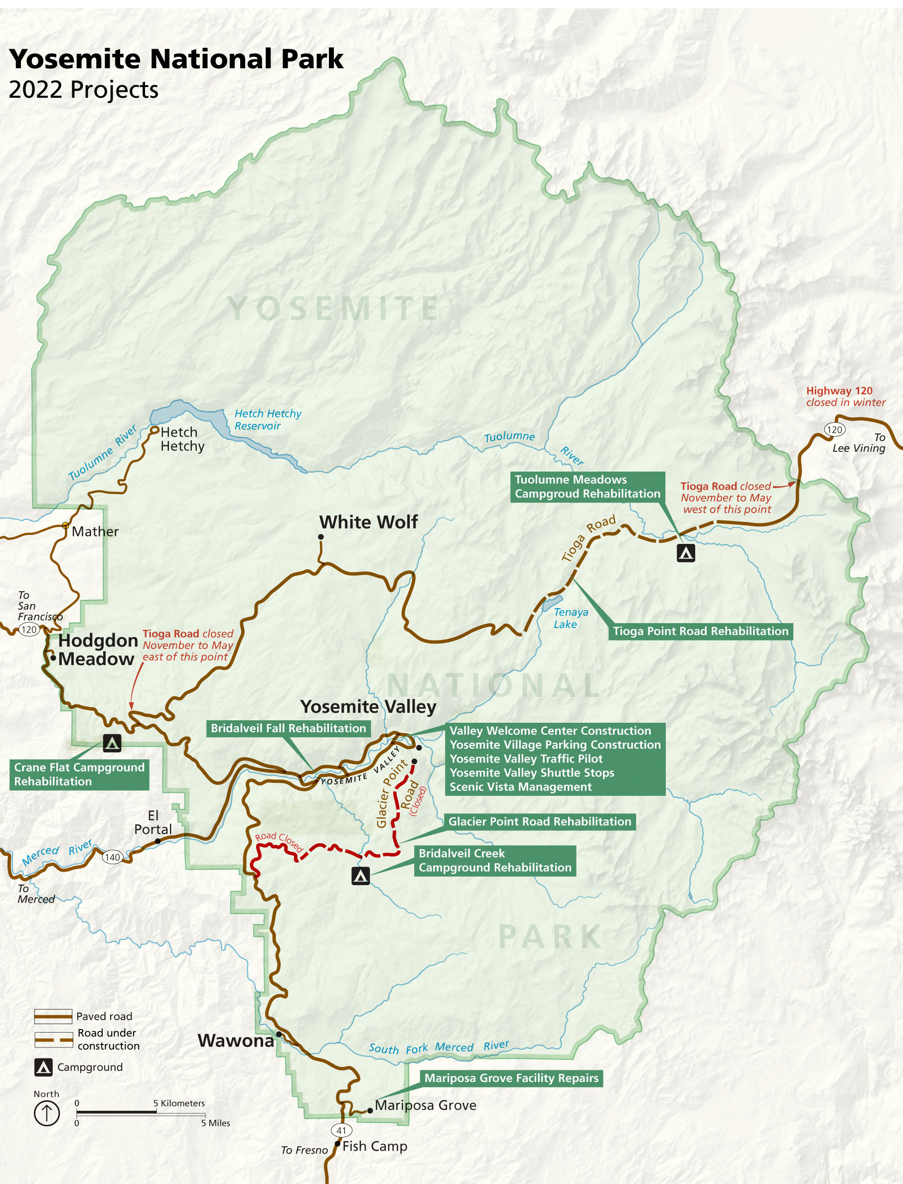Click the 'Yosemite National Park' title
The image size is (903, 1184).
[176, 59]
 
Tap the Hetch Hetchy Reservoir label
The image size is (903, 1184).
[268, 419]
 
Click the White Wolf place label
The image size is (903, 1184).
[368, 522]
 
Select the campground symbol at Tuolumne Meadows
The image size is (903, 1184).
[685, 553]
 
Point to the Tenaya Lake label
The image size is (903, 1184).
[570, 618]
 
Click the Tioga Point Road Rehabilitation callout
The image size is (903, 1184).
[700, 631]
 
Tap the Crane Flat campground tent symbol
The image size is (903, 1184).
[112, 743]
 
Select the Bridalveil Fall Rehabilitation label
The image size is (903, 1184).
[288, 728]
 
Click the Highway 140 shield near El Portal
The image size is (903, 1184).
[112, 857]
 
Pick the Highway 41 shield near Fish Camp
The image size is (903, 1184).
[341, 1130]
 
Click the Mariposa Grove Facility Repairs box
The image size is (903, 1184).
[511, 1078]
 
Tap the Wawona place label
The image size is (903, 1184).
[235, 1041]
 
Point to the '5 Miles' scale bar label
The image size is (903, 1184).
[216, 1123]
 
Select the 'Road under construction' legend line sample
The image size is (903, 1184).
[53, 1040]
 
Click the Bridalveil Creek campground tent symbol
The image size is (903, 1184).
[360, 876]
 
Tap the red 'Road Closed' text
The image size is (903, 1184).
[279, 842]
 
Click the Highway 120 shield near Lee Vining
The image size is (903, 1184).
[834, 429]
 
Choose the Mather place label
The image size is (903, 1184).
[95, 532]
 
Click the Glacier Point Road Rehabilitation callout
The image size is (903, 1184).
[539, 821]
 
